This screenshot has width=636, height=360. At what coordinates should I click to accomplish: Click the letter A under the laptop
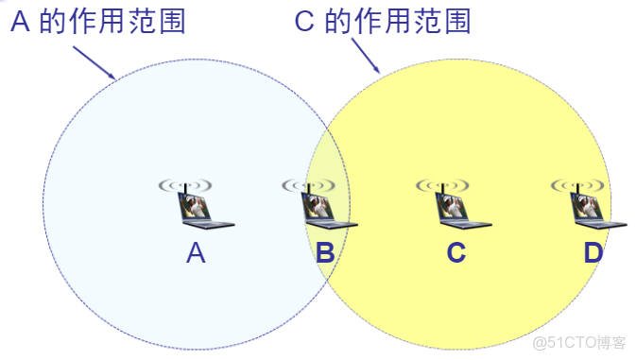point(196,252)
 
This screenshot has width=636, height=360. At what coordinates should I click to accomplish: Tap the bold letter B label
point(324,252)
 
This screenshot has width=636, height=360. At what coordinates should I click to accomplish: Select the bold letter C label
point(456,252)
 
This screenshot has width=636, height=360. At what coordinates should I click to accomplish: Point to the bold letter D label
point(593,252)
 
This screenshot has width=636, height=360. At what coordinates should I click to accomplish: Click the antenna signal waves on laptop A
point(185,184)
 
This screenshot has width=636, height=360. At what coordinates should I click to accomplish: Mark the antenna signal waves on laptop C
point(442,184)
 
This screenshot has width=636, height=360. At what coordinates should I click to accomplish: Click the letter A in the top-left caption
point(21,22)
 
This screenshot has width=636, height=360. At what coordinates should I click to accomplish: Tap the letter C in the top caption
point(304,22)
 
